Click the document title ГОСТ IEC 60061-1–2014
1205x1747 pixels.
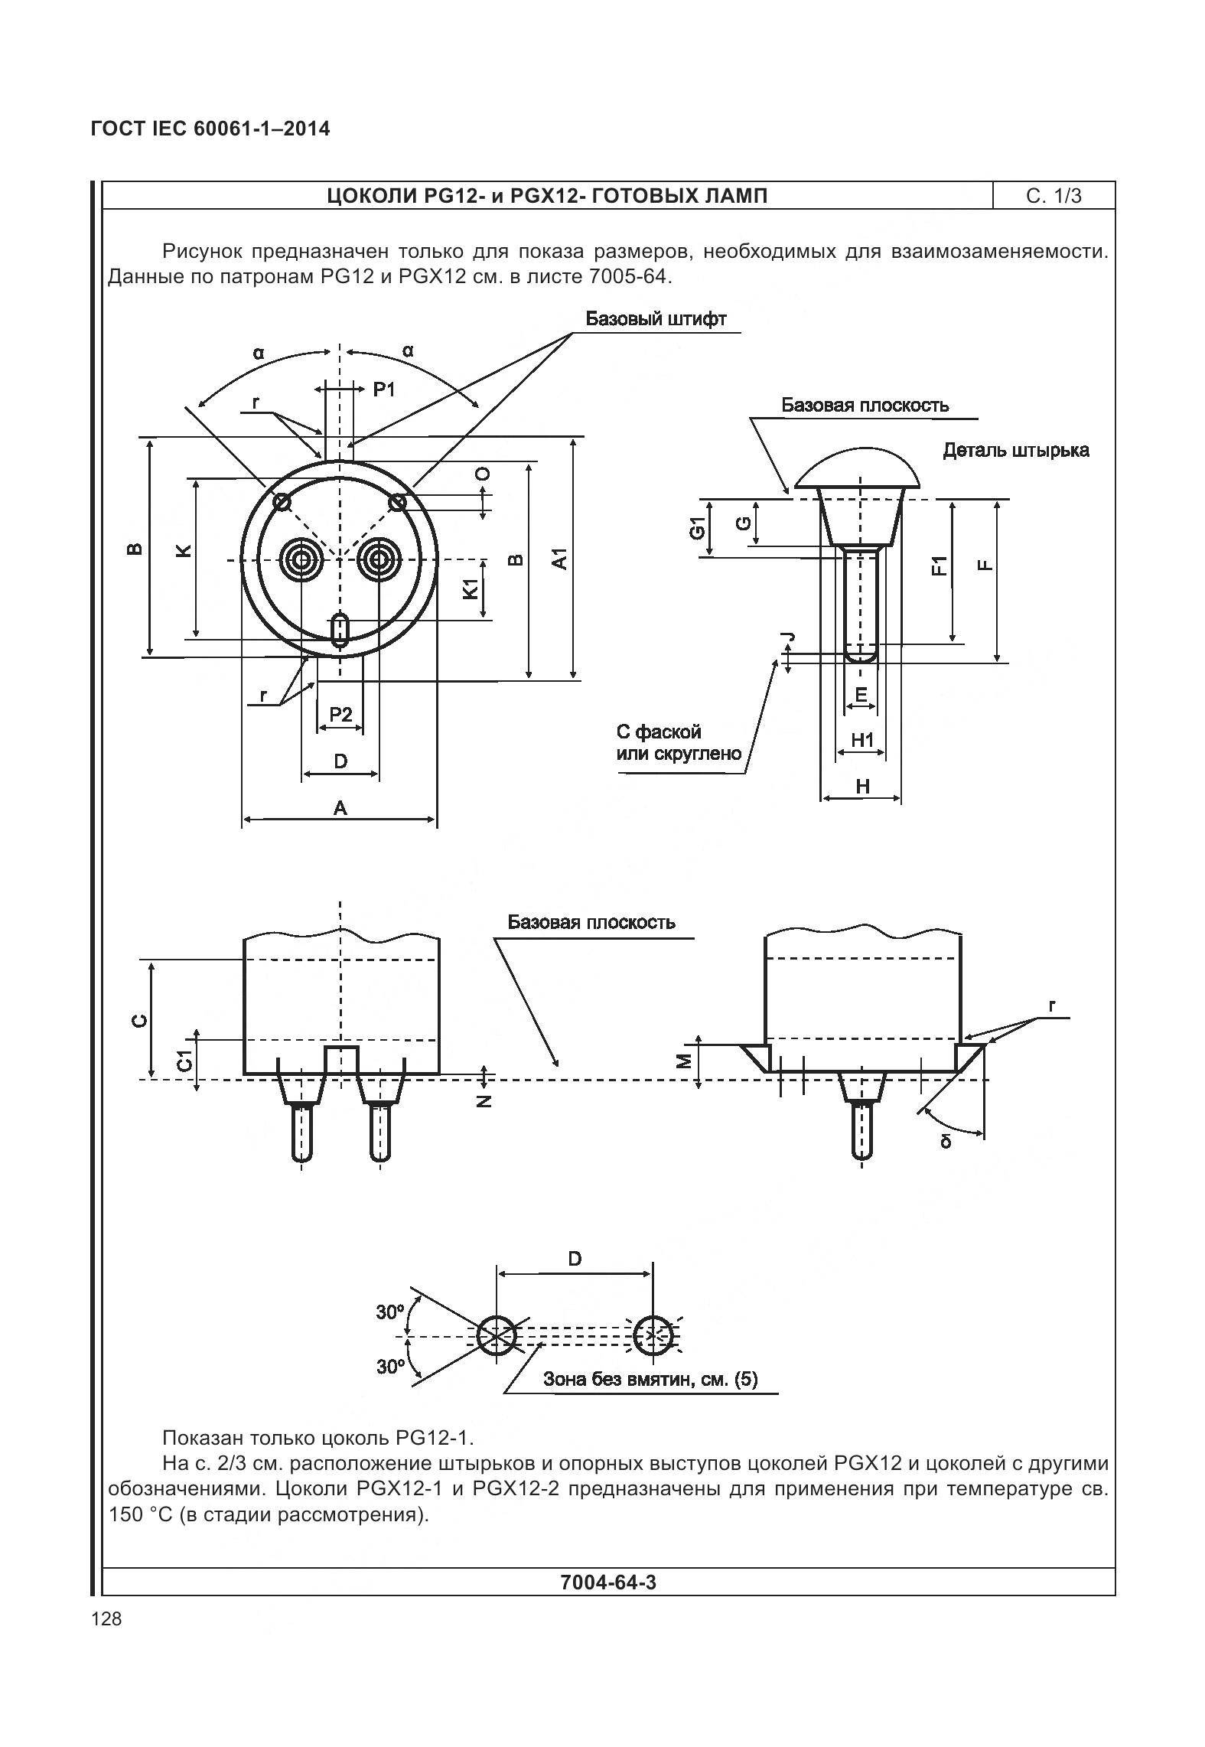[x=210, y=129]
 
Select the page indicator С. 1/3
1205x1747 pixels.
[x=1054, y=196]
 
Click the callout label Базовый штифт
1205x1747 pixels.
[x=656, y=319]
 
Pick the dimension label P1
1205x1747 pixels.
[x=384, y=390]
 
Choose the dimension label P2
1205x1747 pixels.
[x=340, y=715]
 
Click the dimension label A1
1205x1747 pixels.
[x=561, y=558]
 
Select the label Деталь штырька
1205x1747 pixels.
[x=1015, y=450]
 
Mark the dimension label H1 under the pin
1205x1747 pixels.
[x=862, y=740]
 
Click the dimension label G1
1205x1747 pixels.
[x=696, y=528]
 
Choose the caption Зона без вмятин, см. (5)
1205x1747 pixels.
[x=650, y=1379]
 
